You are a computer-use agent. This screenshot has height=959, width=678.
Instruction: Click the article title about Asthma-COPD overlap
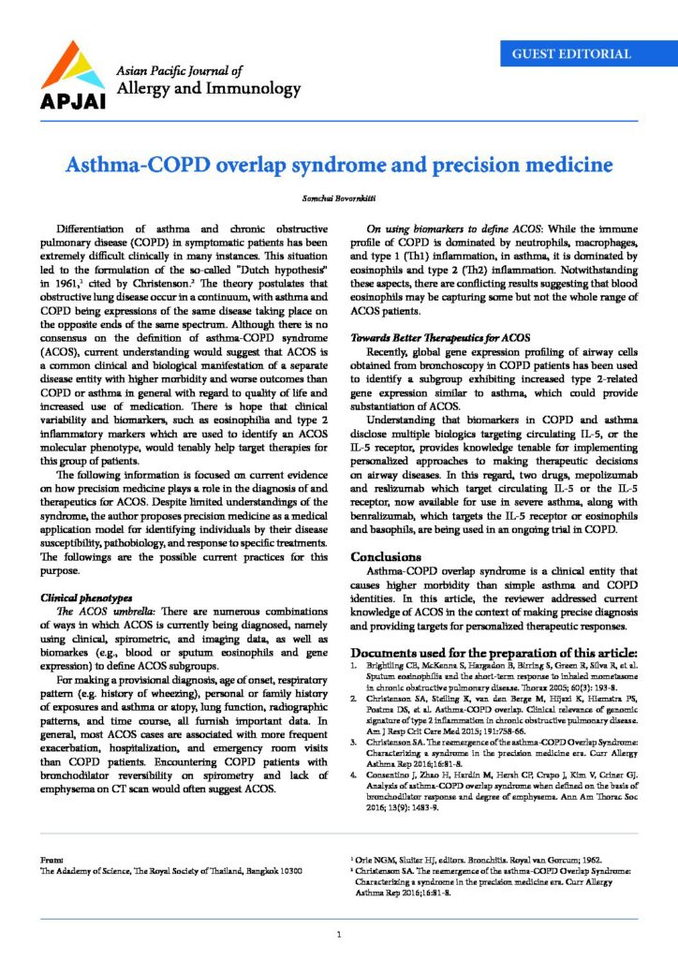point(338,166)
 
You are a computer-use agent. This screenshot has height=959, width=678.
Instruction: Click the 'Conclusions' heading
point(394,555)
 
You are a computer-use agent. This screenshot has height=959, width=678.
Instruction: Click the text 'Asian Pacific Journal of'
point(177,70)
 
